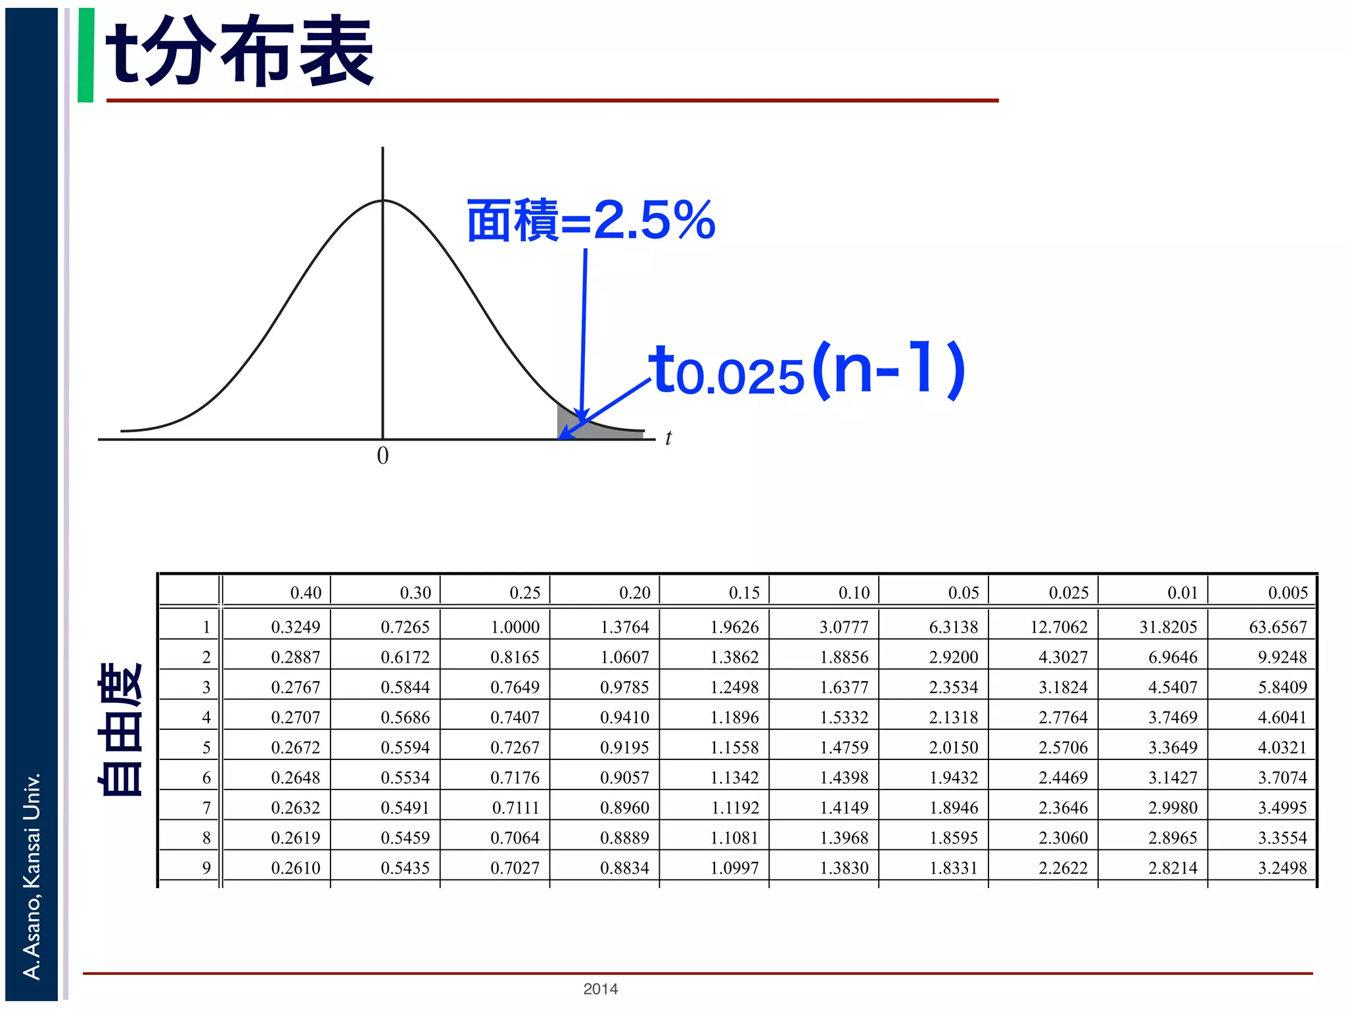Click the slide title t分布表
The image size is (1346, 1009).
point(239,53)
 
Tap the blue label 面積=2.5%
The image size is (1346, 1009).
point(590,221)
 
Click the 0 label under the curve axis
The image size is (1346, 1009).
point(383,456)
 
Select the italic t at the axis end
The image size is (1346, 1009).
point(668,438)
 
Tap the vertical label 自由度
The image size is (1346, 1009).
point(120,729)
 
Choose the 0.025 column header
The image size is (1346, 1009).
point(1068,593)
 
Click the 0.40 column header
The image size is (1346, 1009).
point(306,593)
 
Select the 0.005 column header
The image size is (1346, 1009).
point(1288,593)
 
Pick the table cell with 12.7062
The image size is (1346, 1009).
point(1058,627)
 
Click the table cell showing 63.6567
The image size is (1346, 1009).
point(1278,627)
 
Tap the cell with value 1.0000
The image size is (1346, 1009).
point(515,627)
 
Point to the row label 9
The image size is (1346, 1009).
point(206,868)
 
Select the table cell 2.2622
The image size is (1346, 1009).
point(1063,868)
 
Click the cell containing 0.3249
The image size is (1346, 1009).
point(296,627)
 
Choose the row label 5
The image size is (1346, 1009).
point(206,748)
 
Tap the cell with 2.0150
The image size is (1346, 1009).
point(954,748)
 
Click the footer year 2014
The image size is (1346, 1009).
point(600,989)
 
